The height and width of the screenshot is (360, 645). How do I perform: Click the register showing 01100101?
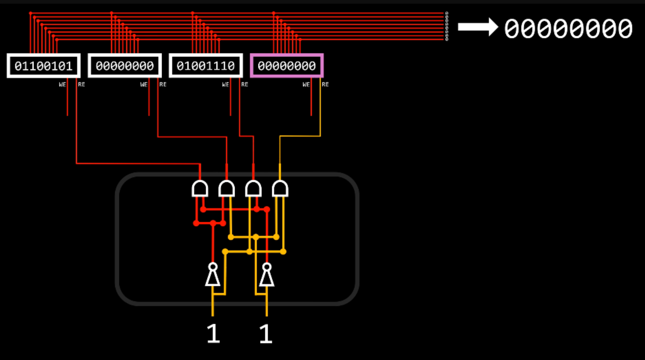click(44, 66)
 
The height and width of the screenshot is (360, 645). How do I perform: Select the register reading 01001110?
click(206, 66)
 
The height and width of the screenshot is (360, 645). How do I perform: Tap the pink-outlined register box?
click(286, 66)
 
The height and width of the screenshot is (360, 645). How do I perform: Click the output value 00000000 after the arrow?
click(568, 28)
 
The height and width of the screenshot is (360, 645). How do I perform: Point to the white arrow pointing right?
click(477, 27)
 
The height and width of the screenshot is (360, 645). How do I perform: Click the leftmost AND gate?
click(200, 188)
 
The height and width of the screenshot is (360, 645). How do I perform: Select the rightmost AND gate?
click(280, 188)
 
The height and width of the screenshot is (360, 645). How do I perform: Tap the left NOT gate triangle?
click(213, 277)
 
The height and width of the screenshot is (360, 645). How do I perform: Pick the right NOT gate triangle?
click(267, 277)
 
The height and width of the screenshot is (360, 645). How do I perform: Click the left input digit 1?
click(213, 334)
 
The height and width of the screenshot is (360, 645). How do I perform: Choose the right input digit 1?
click(266, 334)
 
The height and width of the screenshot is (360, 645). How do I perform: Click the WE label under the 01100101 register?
click(62, 84)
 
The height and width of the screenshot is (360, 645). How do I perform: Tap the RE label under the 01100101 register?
click(81, 84)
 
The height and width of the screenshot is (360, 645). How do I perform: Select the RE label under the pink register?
click(325, 84)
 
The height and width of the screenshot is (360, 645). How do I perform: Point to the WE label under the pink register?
click(306, 84)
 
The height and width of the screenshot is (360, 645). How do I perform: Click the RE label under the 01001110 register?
click(245, 84)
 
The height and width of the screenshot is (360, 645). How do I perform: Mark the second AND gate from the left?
click(226, 188)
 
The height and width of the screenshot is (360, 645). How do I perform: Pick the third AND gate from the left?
click(253, 188)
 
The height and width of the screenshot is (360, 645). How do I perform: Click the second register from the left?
click(124, 66)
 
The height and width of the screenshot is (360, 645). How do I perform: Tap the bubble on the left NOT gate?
click(213, 266)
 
